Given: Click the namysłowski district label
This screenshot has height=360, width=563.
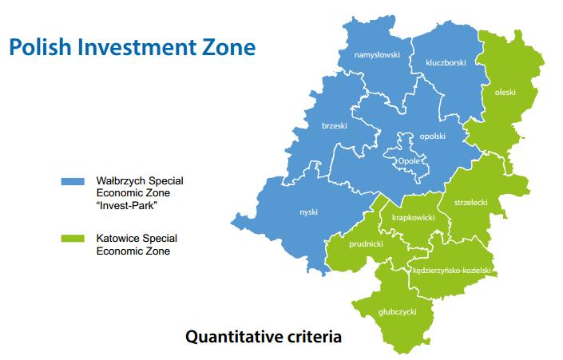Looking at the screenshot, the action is click(x=377, y=55).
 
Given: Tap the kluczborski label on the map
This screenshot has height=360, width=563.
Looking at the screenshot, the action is click(x=446, y=63).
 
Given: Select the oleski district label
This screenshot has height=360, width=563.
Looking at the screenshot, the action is click(x=506, y=93).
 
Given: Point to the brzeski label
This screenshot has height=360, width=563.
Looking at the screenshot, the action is click(x=335, y=125).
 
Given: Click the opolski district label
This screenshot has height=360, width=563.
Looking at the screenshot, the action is click(x=432, y=136).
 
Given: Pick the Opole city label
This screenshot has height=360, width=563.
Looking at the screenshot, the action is click(x=409, y=161).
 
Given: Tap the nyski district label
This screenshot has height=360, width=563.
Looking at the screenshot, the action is click(x=309, y=212).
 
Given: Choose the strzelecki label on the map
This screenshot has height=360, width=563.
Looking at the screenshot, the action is click(x=470, y=203).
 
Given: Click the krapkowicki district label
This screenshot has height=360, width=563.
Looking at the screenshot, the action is click(x=414, y=217).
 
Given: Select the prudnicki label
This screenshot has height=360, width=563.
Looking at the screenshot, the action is click(x=367, y=244).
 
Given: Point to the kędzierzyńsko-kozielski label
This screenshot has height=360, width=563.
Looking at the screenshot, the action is click(x=452, y=271).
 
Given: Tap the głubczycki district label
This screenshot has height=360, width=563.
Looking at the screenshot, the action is click(x=398, y=312).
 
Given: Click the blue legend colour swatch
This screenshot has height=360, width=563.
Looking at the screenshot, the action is click(x=73, y=181).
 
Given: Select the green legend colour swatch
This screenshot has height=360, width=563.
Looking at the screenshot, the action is click(x=73, y=239).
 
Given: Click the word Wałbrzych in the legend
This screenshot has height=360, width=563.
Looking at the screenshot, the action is click(x=121, y=180).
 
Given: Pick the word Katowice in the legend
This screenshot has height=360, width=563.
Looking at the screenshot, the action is click(x=118, y=239).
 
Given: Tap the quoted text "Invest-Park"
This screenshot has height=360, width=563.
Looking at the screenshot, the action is click(x=127, y=206).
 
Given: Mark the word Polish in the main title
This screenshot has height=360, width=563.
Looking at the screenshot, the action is click(x=40, y=47).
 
